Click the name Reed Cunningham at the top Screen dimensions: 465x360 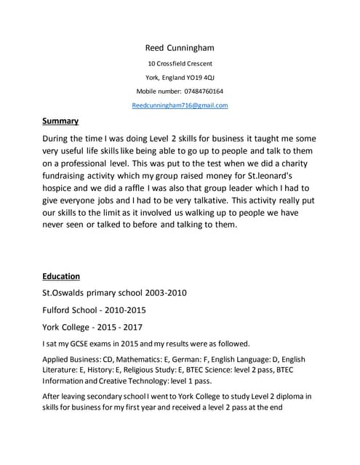coord(180,48)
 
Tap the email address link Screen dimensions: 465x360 coord(180,105)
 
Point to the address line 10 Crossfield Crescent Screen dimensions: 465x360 coord(180,63)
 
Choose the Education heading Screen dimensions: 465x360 coord(61,277)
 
